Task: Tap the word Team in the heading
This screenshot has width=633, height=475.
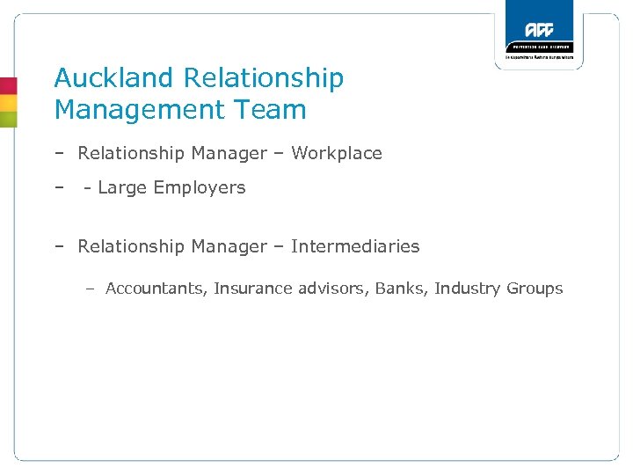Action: click(276, 110)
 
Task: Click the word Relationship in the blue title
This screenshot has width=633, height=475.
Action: click(263, 77)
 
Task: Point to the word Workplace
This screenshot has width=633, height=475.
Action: click(337, 153)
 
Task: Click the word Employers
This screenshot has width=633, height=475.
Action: click(200, 187)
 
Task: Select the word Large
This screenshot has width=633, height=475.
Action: click(123, 187)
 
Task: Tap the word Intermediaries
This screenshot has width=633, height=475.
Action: click(355, 246)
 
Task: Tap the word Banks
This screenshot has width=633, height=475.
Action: click(400, 289)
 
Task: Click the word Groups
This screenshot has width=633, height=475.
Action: click(535, 289)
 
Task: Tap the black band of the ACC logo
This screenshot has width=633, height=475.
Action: click(539, 47)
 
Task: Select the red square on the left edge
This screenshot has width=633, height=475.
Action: click(8, 85)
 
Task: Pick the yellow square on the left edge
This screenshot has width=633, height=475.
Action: click(8, 102)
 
